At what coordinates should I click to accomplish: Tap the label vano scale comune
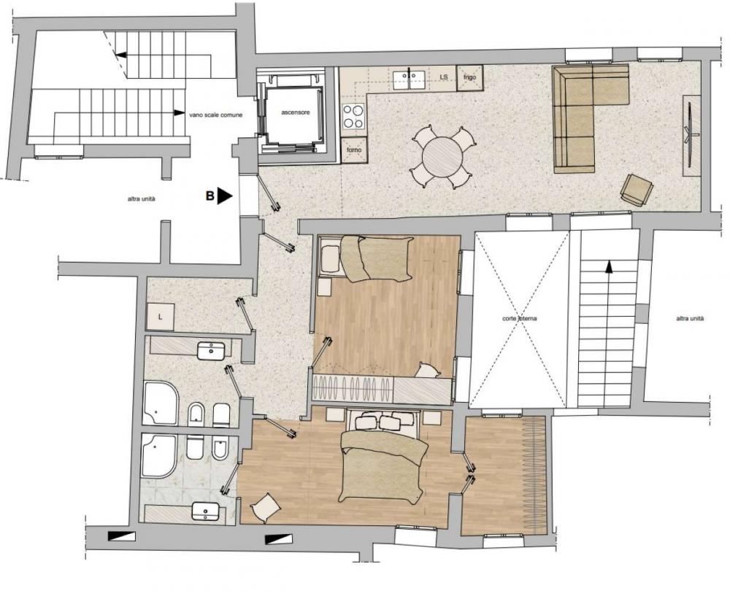click(215, 114)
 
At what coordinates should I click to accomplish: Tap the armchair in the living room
click(636, 190)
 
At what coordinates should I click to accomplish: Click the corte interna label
click(520, 319)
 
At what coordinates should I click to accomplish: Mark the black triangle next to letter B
click(224, 196)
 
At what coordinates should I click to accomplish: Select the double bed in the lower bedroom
click(383, 460)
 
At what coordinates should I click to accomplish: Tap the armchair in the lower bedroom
click(265, 506)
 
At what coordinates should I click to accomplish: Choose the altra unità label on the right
click(690, 319)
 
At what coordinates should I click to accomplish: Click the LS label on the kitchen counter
click(443, 76)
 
